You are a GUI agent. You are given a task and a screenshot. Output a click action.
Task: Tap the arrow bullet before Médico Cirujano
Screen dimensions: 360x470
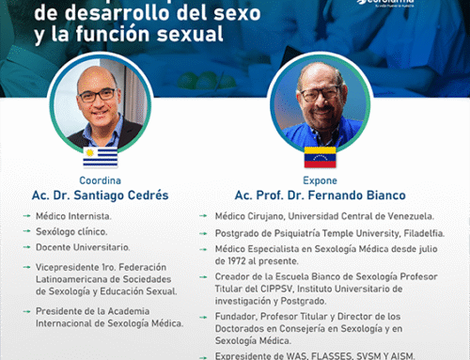[x=203, y=215]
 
